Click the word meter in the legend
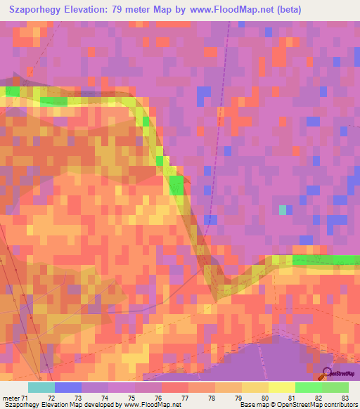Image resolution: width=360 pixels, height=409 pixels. click(x=11, y=398)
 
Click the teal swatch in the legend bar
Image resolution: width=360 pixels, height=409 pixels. click(x=41, y=387)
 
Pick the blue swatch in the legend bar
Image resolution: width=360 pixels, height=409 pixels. click(x=67, y=387)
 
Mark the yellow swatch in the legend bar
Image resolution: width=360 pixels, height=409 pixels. click(x=281, y=387)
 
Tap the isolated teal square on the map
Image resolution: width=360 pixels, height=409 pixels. click(x=283, y=209)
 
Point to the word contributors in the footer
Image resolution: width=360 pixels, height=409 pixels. click(x=340, y=405)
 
